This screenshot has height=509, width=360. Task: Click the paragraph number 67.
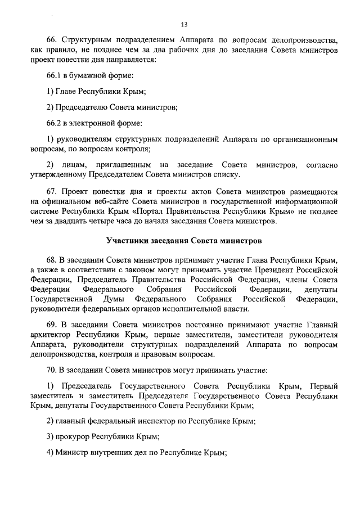52,191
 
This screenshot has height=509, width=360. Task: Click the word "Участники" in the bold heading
127,241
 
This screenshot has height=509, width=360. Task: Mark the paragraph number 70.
52,372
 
